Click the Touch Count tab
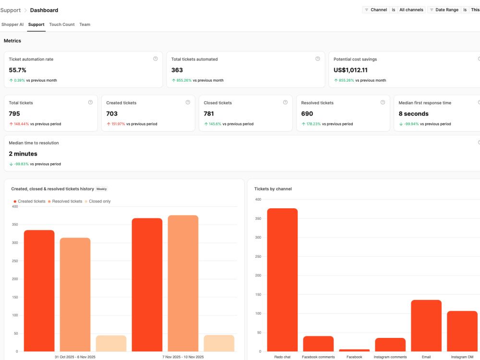coord(62,24)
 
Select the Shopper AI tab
coord(12,24)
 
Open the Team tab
coord(85,24)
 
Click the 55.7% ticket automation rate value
coord(17,70)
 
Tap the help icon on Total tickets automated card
coord(317,59)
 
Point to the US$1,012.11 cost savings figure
coord(350,70)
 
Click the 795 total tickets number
coord(14,114)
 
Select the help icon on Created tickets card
coord(188,102)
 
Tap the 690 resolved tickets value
coord(307,114)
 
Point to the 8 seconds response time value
coord(414,114)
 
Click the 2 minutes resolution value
coord(23,154)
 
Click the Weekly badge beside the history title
coord(102,189)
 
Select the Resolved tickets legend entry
coord(65,202)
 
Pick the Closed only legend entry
coord(97,202)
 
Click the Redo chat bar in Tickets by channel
coord(282,280)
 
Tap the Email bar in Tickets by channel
coord(426,326)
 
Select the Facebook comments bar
coord(318,344)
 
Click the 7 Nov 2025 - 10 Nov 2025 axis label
coord(183,357)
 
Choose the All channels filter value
coord(411,10)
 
